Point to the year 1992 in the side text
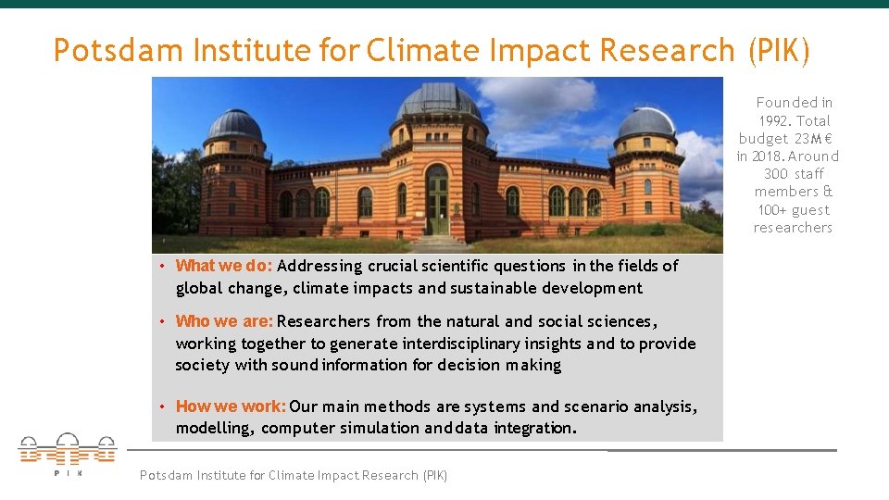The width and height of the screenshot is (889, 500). [775, 120]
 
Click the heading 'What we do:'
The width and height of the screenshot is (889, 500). [224, 266]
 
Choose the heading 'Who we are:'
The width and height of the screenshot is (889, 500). [224, 321]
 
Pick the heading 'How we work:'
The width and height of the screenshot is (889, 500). [232, 406]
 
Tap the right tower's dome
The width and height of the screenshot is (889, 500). [646, 122]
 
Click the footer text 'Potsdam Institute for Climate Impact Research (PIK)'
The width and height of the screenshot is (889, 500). [293, 475]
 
